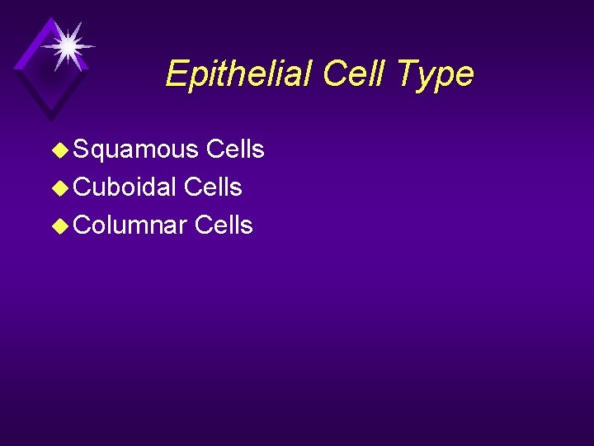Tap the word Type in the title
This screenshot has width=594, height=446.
[432, 74]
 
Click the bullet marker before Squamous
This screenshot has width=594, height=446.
[60, 149]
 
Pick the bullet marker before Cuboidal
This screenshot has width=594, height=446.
[60, 187]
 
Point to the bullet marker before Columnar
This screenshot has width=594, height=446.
[60, 225]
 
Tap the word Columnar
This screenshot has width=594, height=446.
[130, 225]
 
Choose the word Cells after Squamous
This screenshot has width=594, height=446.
[235, 149]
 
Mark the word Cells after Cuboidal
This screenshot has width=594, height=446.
[213, 187]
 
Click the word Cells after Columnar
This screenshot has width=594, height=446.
[224, 225]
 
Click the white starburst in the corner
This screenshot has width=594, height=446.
[68, 45]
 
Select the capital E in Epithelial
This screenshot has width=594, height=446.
[176, 74]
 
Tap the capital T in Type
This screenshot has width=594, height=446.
[403, 74]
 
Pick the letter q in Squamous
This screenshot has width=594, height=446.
[97, 151]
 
